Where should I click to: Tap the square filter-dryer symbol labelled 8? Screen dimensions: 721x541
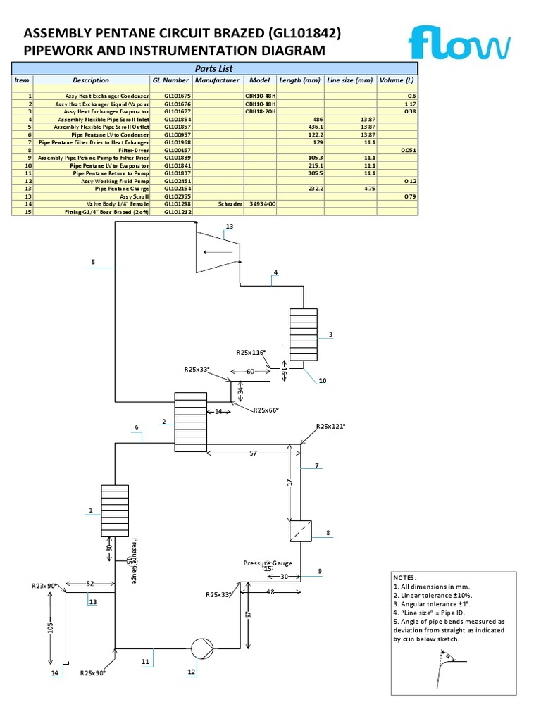coord(301,531)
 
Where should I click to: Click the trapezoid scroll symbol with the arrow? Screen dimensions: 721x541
coord(218,253)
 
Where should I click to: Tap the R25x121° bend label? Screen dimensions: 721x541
coord(332,426)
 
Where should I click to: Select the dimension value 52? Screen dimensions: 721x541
coord(90,584)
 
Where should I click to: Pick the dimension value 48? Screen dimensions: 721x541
coord(270,591)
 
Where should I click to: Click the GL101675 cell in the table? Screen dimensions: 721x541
coord(177,95)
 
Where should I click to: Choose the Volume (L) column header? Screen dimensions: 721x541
coord(397,80)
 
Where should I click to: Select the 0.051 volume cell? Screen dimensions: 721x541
coord(406,149)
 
